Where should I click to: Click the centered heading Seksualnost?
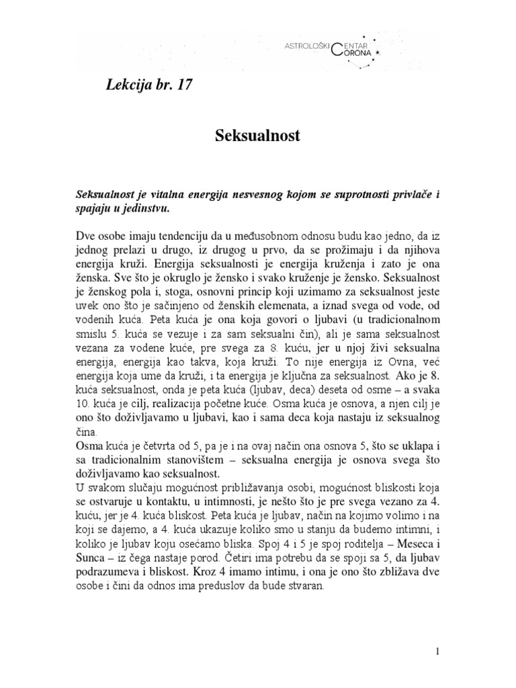click(x=257, y=136)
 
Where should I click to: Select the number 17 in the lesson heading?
click(x=190, y=85)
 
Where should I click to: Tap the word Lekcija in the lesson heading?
click(x=130, y=85)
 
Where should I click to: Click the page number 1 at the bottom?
click(x=437, y=652)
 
